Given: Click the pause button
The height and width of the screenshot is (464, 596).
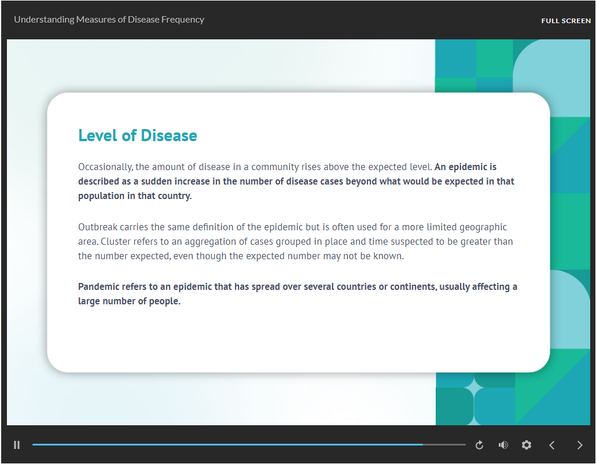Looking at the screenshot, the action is click(17, 445).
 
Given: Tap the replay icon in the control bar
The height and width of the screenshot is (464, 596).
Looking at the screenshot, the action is click(479, 445).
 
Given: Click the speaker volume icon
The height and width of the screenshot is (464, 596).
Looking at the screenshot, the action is click(503, 445).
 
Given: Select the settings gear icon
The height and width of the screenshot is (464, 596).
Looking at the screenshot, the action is click(527, 445).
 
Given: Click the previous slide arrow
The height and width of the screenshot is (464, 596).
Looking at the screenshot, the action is click(552, 445).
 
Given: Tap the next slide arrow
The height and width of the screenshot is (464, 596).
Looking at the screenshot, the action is click(580, 445).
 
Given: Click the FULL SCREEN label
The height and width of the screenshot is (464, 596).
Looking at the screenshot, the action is click(566, 21).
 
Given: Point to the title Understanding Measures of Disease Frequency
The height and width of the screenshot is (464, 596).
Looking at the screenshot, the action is click(109, 20).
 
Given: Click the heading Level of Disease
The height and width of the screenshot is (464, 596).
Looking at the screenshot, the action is click(138, 135).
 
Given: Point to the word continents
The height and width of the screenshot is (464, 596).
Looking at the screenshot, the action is click(414, 286).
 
